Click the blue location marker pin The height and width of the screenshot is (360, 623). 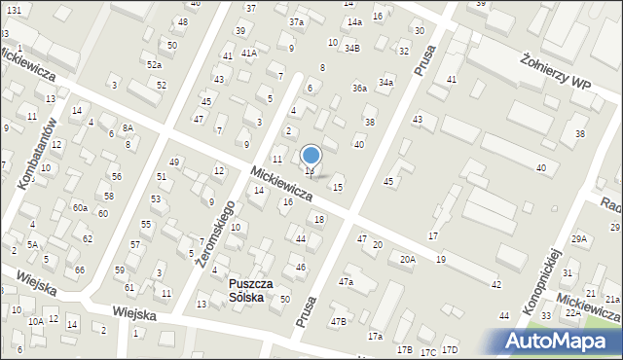[311, 156]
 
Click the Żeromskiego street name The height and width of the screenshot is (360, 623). [215, 234]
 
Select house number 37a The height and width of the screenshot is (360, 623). [296, 21]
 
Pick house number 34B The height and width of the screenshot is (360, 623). [352, 48]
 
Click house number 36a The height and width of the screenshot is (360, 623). [359, 89]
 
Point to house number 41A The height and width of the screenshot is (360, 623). [249, 53]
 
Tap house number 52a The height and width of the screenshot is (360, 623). [154, 64]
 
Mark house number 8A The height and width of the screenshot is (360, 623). [128, 128]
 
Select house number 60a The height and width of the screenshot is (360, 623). [80, 207]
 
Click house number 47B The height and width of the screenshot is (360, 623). [338, 321]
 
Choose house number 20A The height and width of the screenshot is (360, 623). [407, 259]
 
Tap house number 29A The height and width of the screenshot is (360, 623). [580, 238]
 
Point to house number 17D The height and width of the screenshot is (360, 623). [449, 350]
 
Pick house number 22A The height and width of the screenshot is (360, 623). [573, 312]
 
